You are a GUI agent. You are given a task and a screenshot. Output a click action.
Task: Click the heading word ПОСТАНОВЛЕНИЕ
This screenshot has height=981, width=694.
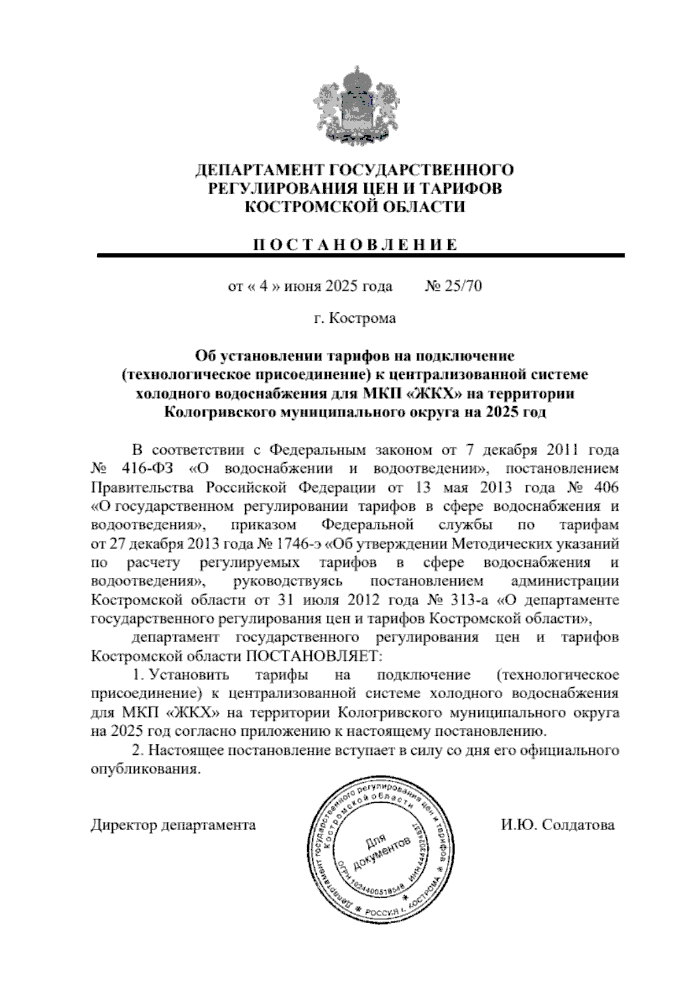[x=354, y=244]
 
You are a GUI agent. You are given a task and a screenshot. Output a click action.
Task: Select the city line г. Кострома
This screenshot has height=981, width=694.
[x=355, y=318]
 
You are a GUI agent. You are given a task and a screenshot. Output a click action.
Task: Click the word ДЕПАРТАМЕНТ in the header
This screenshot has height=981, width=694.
[x=259, y=170]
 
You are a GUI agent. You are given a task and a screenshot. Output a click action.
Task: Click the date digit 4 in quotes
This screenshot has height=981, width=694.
[x=261, y=286]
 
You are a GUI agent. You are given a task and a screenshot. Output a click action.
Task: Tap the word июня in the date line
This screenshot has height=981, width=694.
[x=293, y=286]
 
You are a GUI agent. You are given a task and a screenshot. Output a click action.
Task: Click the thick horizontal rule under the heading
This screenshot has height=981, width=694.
[x=360, y=255]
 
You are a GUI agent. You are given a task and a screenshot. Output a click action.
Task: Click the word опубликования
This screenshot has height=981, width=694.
[x=147, y=770]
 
